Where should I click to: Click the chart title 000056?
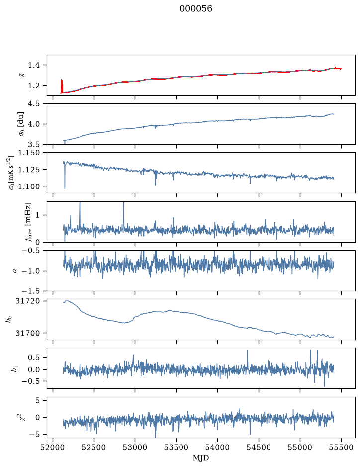[195, 9]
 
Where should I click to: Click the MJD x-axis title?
[201, 458]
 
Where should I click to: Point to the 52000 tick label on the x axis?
[53, 447]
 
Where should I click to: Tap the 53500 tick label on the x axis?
[177, 447]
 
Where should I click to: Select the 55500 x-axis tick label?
[341, 447]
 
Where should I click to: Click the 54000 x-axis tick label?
[217, 447]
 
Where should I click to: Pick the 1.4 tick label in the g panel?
[34, 65]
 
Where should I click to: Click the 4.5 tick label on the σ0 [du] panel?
[34, 103]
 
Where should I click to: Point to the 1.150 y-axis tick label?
[29, 153]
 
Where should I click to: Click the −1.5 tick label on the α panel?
[31, 291]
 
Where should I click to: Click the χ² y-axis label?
[23, 417]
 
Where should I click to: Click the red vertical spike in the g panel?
[62, 86]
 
